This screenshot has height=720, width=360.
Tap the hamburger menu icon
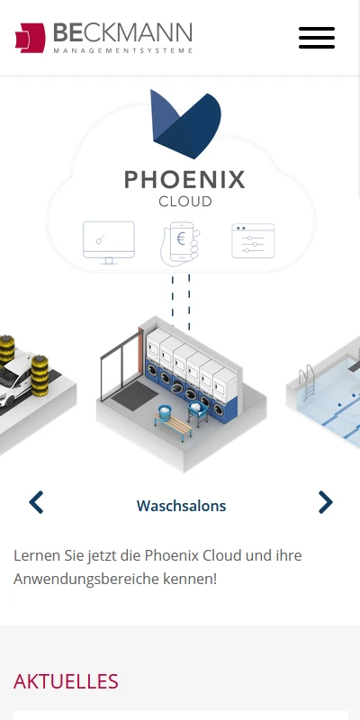coord(317,38)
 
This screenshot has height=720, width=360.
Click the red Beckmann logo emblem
coord(31,38)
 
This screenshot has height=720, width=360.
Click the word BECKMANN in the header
coord(122,33)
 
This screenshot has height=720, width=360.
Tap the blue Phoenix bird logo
coord(186,124)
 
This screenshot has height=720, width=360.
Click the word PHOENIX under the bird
coord(184,180)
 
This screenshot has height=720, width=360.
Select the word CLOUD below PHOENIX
coord(185,202)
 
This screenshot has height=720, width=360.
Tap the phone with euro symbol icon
coord(181,244)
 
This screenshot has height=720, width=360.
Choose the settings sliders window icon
coord(253,240)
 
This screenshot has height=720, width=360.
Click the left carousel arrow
coord(36,502)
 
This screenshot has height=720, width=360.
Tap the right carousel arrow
coord(326,502)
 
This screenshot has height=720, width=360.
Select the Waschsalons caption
coord(182,506)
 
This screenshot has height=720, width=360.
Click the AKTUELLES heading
coord(66,681)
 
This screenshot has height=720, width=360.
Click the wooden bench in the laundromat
coord(174,427)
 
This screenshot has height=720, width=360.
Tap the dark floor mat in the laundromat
coord(135,396)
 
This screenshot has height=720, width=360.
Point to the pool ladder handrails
coord(308,381)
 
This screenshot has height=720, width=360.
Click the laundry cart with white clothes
coord(198,412)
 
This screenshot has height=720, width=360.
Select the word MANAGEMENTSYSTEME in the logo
coord(122,51)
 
